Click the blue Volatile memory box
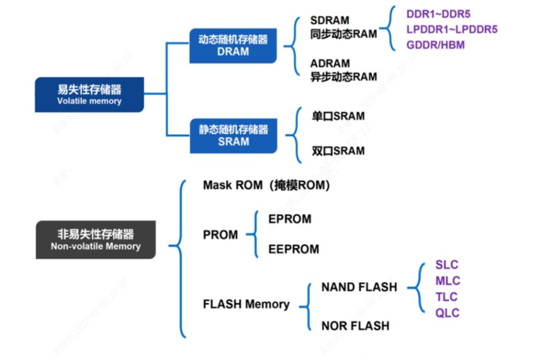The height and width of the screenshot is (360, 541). [89, 95]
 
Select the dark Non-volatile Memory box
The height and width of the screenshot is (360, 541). [96, 240]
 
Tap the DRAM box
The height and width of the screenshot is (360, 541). [233, 46]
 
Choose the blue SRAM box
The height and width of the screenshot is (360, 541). [233, 135]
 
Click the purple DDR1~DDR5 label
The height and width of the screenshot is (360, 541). [438, 14]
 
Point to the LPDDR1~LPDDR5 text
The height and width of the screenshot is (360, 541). [452, 30]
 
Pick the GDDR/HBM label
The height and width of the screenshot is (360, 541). [435, 45]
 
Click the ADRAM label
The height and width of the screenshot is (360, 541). [330, 64]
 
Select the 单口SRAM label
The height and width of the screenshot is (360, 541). [338, 116]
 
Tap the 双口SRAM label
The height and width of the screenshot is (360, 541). [338, 151]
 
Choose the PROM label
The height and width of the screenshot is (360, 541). [220, 235]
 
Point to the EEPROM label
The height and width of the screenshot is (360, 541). [294, 249]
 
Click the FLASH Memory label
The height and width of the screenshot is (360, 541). [246, 304]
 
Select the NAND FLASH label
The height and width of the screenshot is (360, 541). [359, 287]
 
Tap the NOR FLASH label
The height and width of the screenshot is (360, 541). [355, 326]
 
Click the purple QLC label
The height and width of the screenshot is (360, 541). [447, 313]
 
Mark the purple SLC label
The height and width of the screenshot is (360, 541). [447, 265]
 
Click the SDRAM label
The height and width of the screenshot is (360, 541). [330, 21]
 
